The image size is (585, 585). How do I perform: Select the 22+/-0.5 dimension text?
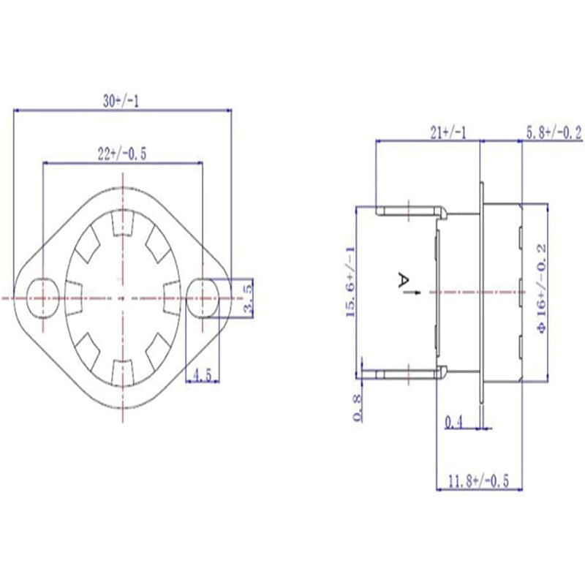tap(123, 154)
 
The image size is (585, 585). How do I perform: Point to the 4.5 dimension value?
tap(202, 376)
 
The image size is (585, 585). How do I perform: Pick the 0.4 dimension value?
tap(454, 421)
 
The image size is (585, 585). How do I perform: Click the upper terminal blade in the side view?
tap(409, 211)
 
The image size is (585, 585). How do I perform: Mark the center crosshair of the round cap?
tap(121, 298)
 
